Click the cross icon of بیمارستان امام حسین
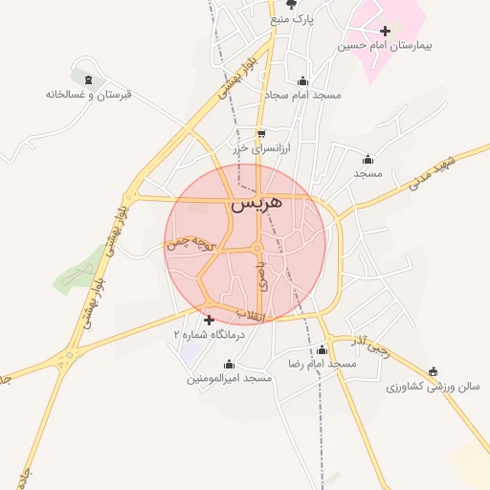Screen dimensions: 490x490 pos(385,31)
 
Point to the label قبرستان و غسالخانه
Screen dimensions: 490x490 pos(88,94)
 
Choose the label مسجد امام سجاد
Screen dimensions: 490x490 pos(304,95)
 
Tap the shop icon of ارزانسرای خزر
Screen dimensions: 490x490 pos(261,134)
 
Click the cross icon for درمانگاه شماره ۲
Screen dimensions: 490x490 pos(210,320)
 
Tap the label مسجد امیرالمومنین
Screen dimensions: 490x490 pos(230,379)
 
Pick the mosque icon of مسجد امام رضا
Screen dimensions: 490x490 pos(322,350)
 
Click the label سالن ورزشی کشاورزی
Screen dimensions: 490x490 pos(424,387)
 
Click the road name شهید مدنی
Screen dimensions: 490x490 pos(439,168)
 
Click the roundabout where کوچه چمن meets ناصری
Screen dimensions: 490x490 pos(257,250)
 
